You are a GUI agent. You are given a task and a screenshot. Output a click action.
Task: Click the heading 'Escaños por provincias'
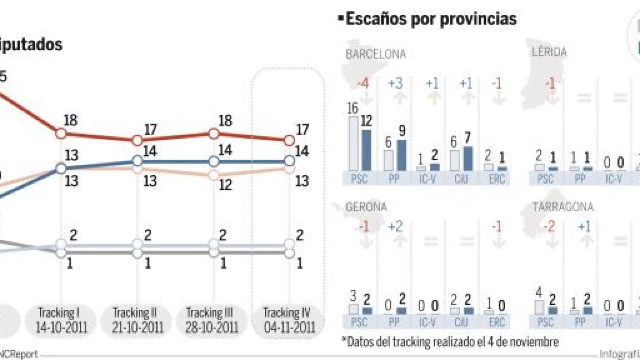tap(431, 19)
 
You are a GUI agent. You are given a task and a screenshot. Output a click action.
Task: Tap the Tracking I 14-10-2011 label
tap(61, 320)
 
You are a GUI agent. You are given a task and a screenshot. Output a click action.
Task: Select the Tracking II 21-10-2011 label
tap(137, 320)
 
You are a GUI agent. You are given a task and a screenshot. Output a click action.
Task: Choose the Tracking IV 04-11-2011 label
tap(289, 320)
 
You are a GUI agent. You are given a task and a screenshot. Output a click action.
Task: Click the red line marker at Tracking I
tap(61, 133)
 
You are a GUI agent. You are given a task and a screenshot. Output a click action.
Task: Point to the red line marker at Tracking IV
tap(289, 140)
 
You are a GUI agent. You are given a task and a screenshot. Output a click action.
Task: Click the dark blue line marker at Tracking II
tap(137, 161)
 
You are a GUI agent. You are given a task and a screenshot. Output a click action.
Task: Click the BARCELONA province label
tap(376, 54)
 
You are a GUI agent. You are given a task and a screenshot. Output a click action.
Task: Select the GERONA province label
tap(366, 207)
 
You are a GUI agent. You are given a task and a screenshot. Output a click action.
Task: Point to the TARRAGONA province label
tap(562, 207)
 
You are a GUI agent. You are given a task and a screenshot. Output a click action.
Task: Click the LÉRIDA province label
tap(549, 52)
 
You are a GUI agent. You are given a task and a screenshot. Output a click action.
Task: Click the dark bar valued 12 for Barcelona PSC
tap(366, 150)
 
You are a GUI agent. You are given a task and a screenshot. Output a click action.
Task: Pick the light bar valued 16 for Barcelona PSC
tap(354, 144)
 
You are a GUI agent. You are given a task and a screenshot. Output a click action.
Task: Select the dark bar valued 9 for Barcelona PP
tap(401, 155)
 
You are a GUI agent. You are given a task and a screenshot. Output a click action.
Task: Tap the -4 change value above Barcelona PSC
tap(362, 84)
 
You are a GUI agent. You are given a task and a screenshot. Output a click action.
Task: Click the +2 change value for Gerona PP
tap(395, 227)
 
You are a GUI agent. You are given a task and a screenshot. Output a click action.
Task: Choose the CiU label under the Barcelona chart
tap(461, 179)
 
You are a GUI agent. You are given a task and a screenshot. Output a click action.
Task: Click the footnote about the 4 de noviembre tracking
tap(450, 342)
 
